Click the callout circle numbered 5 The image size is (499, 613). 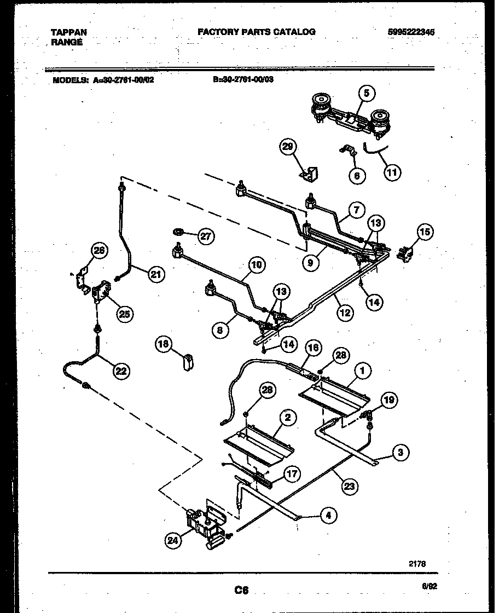(367, 94)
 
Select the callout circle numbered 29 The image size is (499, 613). (288, 147)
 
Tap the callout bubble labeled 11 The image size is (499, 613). (392, 172)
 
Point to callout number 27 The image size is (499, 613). (206, 236)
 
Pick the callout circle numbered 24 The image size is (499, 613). (173, 541)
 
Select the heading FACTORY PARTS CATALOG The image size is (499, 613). (256, 32)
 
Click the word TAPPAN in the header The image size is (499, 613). (68, 32)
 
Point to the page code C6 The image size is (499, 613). (241, 590)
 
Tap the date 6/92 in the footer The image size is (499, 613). (430, 585)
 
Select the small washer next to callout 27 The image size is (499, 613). (178, 232)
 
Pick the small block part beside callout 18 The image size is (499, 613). (188, 362)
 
